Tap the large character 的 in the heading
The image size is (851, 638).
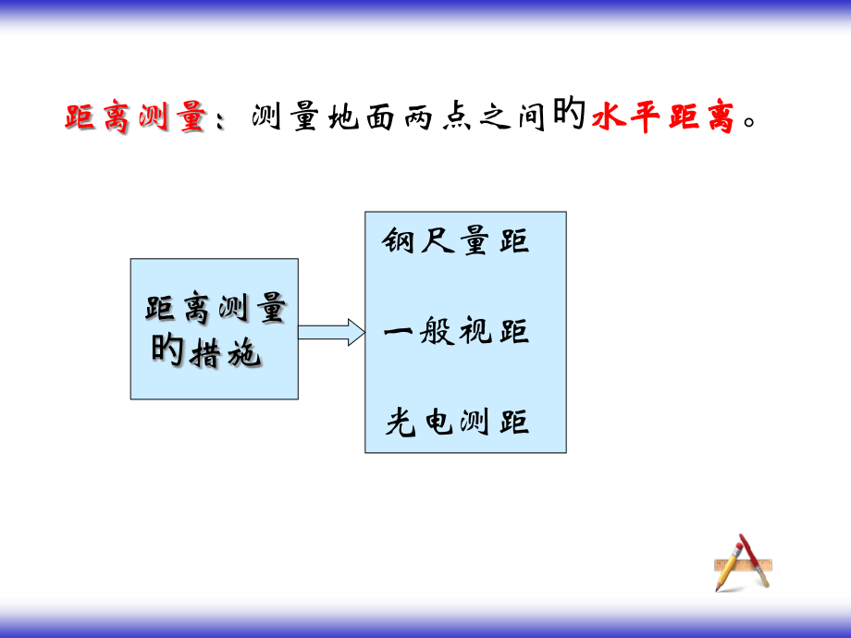point(570,117)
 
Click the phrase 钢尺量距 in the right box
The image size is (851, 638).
point(456,241)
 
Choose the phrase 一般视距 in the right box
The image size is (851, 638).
point(456,331)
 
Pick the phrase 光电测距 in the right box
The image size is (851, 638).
point(457,422)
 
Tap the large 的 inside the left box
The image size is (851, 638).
point(167,350)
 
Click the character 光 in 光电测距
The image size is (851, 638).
point(402,422)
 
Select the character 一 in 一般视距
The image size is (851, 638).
point(399,331)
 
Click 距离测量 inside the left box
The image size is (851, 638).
point(215,310)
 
